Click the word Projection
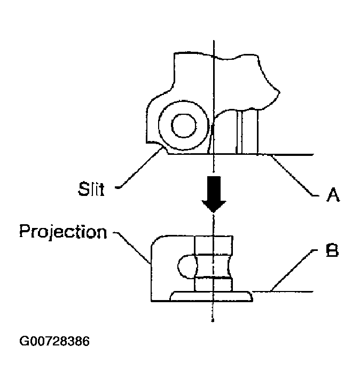[62, 232]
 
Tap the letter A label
[332, 196]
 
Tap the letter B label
[331, 251]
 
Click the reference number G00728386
[54, 341]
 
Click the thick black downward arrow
[213, 193]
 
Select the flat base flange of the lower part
[211, 296]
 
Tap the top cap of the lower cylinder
[213, 244]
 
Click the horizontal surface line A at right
[291, 155]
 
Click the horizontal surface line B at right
[283, 292]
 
